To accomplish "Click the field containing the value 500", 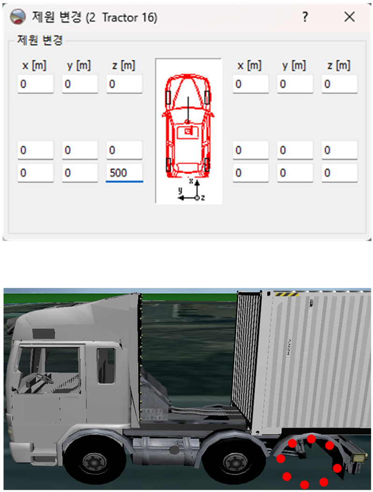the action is click(124, 173).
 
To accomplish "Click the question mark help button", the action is click(305, 17).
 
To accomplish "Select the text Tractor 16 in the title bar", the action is click(129, 18).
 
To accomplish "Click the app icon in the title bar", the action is click(18, 17).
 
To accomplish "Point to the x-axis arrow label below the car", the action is click(191, 181).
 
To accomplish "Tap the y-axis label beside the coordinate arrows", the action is click(180, 190).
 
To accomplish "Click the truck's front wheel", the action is click(94, 462).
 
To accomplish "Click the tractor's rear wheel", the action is click(235, 462).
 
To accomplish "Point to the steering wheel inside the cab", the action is click(44, 378).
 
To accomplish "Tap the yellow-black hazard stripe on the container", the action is click(287, 294).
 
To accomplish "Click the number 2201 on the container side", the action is click(289, 347).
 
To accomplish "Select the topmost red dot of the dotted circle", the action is click(311, 439).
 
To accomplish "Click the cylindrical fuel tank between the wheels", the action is click(165, 450).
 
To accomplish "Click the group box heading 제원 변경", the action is click(40, 40).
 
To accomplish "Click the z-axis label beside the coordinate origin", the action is click(203, 197).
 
